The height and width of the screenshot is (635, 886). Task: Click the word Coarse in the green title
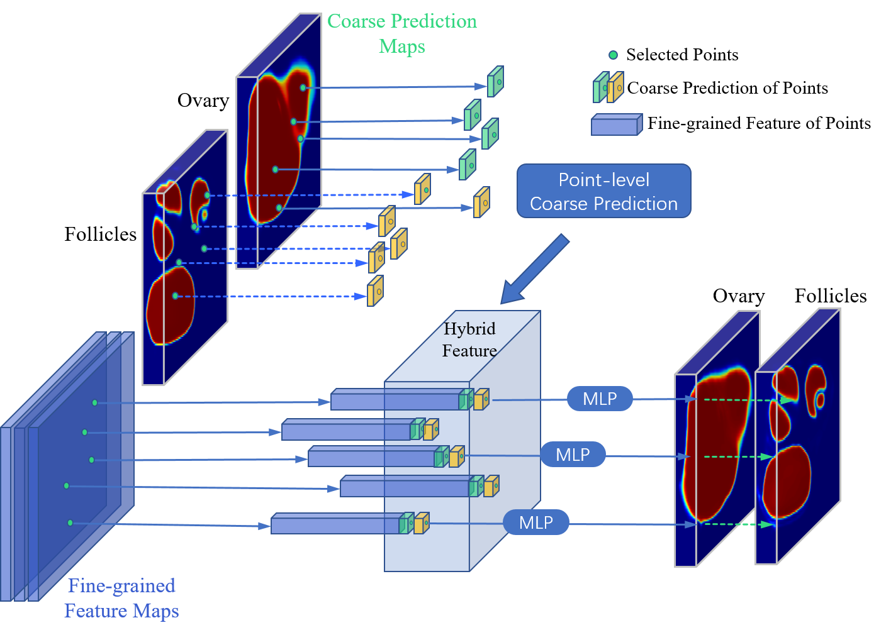coord(356,21)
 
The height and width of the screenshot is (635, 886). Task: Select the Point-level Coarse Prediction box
coord(603,191)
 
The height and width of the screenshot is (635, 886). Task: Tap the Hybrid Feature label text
coord(469,340)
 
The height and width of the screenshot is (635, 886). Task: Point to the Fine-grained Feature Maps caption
coord(121,598)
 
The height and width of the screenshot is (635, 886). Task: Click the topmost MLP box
coord(600,399)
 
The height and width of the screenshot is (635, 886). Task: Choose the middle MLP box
coord(573,455)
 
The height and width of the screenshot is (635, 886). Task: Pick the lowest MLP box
coord(536,522)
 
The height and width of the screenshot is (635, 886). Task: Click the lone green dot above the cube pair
coord(613,55)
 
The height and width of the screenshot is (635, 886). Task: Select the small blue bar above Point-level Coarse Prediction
coord(616,125)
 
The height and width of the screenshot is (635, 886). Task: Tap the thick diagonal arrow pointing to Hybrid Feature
coord(535,269)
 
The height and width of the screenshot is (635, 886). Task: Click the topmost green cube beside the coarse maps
coord(495,82)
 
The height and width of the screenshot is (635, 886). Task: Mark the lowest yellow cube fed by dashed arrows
coord(375,291)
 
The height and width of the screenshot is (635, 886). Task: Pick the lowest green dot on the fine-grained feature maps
coord(70,522)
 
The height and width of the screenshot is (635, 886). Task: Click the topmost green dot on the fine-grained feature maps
coord(95,402)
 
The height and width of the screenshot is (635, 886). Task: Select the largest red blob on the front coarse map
coord(171,305)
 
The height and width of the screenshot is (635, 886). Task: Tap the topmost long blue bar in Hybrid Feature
coord(395,400)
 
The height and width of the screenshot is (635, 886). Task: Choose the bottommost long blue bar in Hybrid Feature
coord(335,524)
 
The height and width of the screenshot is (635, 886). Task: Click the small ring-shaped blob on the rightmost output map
coord(820,400)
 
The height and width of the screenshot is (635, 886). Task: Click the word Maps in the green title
coord(402,47)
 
